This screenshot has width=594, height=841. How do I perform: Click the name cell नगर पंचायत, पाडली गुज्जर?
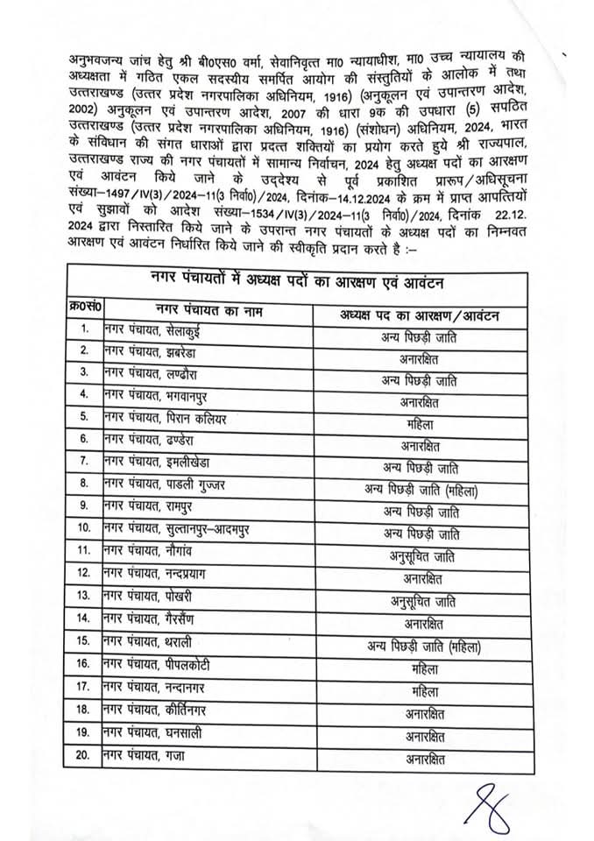(x=161, y=482)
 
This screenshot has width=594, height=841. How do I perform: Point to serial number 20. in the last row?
(x=84, y=754)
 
